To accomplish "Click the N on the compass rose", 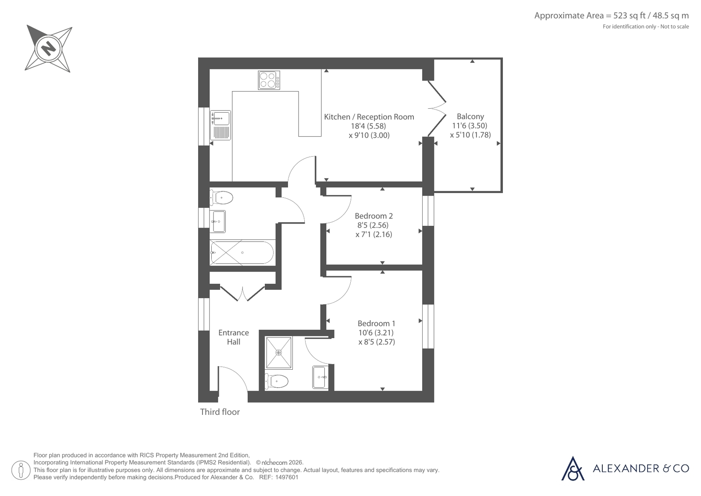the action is point(49,49).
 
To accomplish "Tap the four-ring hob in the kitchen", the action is point(269,80).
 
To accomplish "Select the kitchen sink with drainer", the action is point(221,125).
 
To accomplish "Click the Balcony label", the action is point(470,117).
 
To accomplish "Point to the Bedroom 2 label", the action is point(374,216).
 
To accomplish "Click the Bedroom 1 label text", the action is point(376,323).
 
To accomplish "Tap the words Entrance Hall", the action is point(234,337).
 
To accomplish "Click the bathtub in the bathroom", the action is point(242,252).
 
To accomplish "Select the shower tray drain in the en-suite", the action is point(278,353).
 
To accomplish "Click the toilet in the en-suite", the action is point(276,381).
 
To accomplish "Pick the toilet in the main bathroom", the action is point(221,198).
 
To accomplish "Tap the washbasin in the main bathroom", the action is point(219,221).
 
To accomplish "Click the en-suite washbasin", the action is point(320,377).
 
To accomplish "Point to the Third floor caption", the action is point(220,412).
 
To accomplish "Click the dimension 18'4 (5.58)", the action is point(368,126).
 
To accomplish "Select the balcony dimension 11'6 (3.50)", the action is point(470,125).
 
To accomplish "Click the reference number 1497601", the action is point(287,477).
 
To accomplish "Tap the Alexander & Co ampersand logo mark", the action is point(573,469).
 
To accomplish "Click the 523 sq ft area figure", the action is point(623,16).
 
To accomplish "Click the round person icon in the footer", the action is point(21,470).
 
